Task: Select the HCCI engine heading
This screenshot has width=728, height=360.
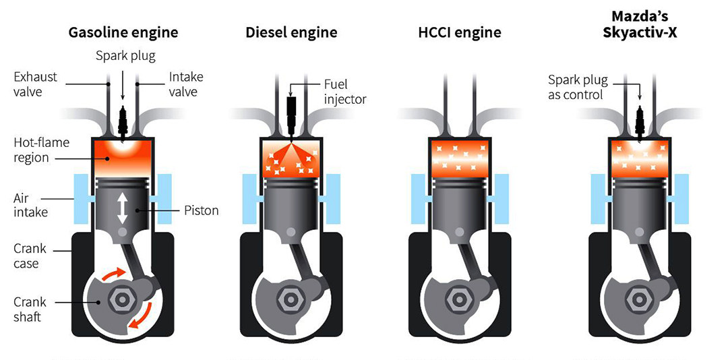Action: click(458, 32)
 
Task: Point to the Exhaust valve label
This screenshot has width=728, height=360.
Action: click(36, 85)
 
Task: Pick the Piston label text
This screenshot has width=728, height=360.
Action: click(201, 210)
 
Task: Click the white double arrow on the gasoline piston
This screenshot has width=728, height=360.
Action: click(123, 208)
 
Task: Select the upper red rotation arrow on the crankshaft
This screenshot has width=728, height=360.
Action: click(112, 274)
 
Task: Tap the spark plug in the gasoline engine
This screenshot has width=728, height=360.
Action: click(123, 124)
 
